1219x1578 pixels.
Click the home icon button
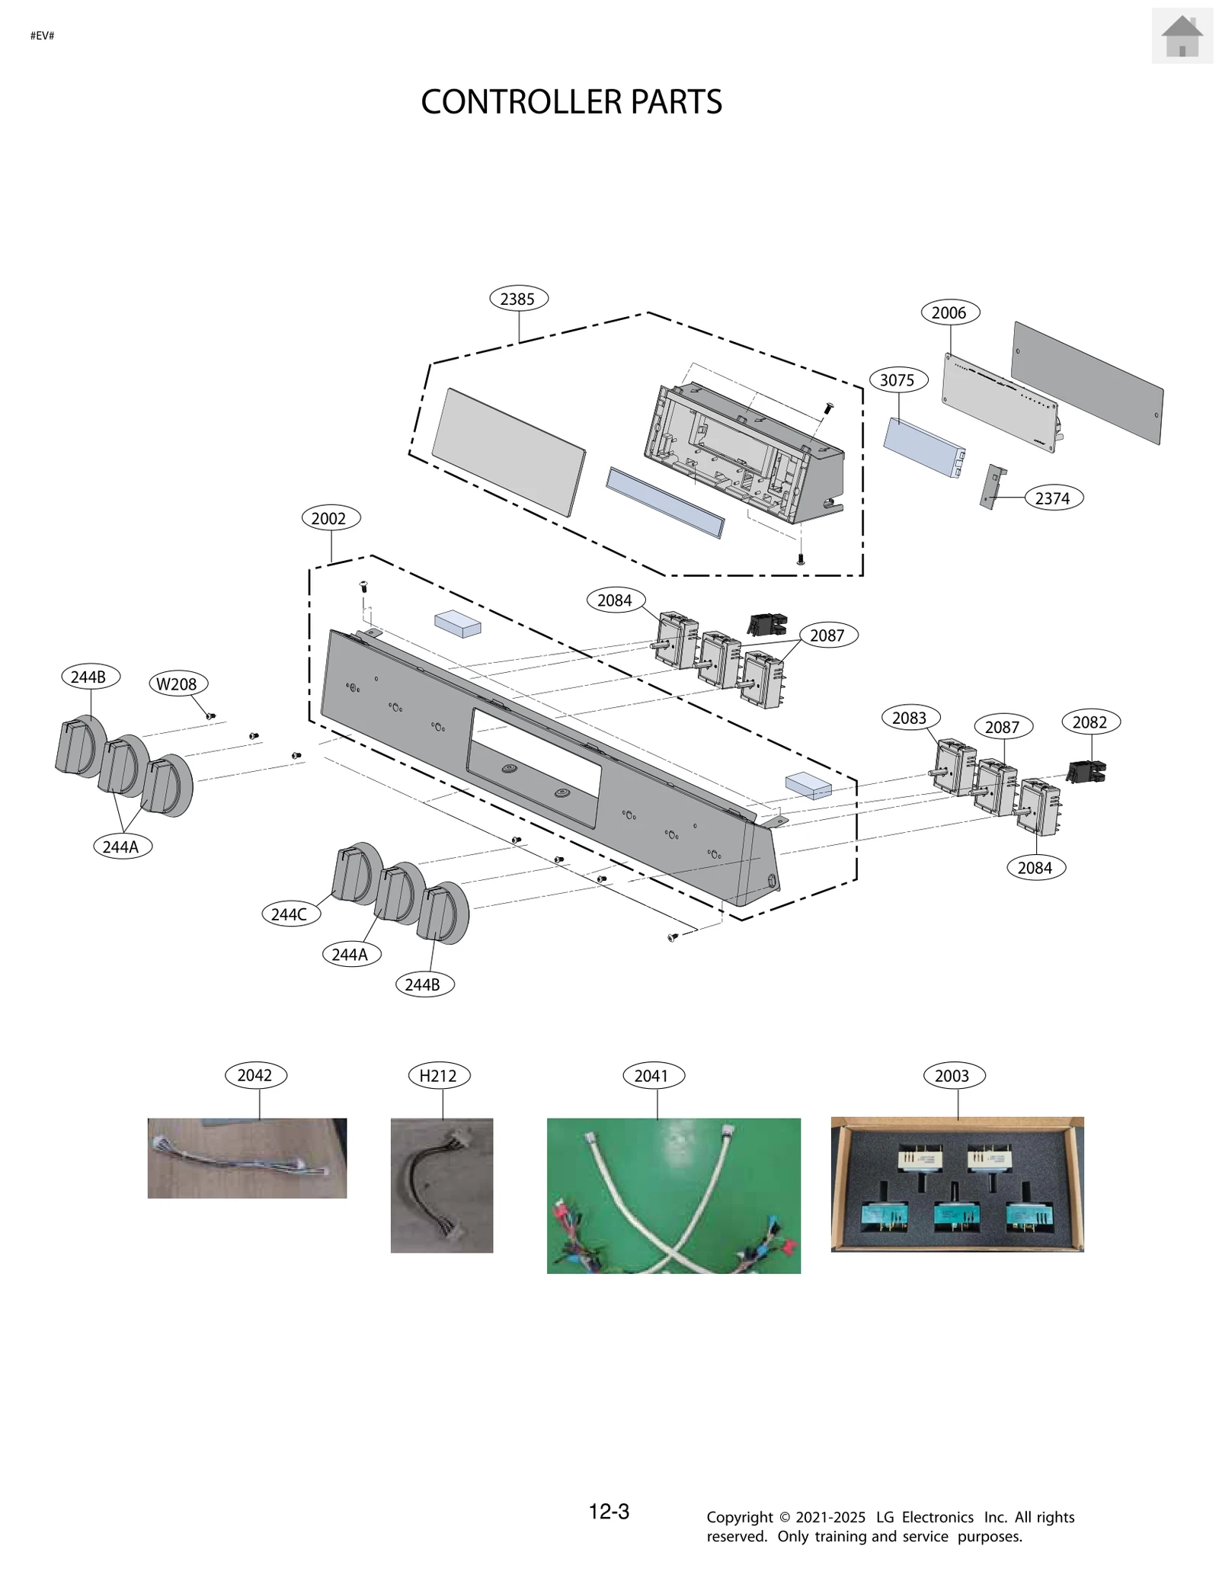1181,36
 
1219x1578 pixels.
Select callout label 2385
518,299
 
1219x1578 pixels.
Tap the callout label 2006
949,312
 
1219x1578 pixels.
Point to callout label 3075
897,380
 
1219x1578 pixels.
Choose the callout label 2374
1052,498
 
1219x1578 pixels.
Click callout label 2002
329,518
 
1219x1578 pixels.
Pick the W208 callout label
177,684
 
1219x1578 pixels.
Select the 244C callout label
290,914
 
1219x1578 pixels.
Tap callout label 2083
910,718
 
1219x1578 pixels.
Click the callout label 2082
1089,722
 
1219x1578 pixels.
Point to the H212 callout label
438,1076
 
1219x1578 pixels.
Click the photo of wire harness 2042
247,1157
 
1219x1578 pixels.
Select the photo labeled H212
442,1185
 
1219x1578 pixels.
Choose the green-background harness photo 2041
673,1195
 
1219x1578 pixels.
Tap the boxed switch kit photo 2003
957,1184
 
